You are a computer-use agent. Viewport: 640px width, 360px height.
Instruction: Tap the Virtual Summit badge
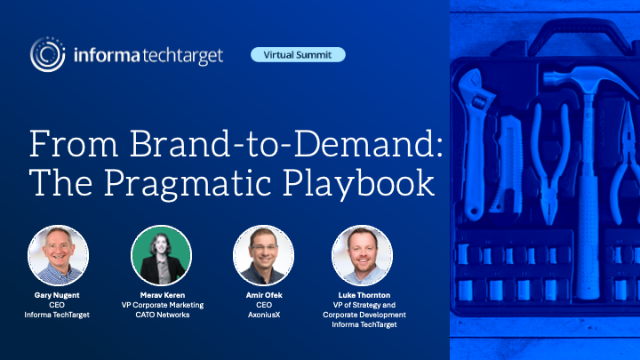(x=299, y=54)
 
